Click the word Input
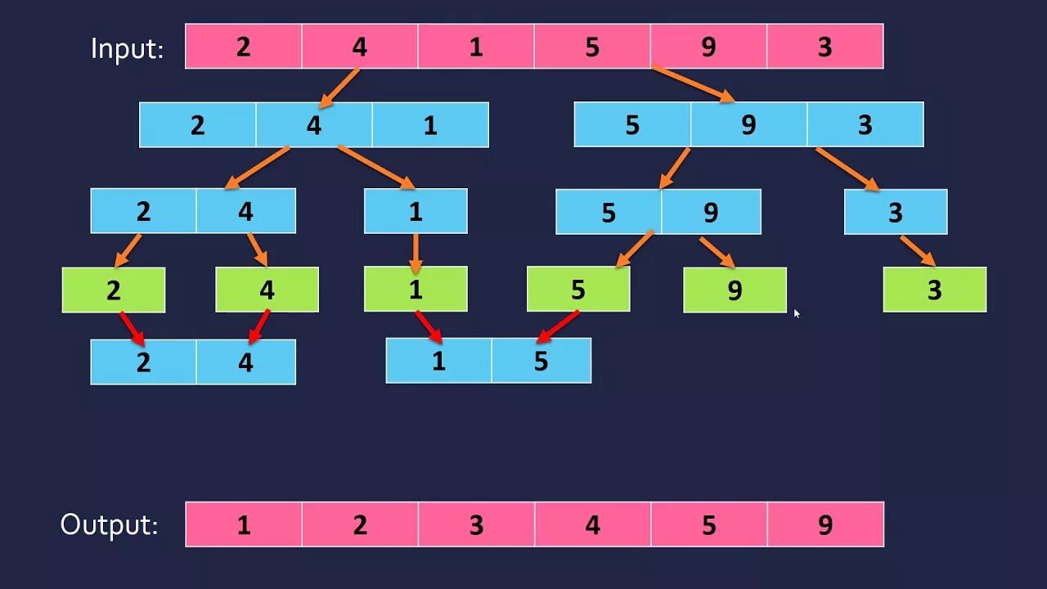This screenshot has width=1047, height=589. point(127,48)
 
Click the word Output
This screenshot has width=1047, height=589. point(110,524)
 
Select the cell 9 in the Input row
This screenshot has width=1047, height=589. point(708,47)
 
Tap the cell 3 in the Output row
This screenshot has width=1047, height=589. point(476,524)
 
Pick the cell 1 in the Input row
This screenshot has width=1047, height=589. point(476,47)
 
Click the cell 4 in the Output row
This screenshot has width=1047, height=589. point(592,524)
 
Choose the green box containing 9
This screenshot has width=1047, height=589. point(735,290)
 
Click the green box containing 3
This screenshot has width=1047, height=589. point(934,290)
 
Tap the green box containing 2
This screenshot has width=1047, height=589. point(114,290)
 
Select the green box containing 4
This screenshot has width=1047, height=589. point(267,290)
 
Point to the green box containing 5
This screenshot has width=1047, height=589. point(578,290)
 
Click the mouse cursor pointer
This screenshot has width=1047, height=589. point(797,312)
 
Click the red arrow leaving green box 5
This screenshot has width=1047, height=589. point(558,326)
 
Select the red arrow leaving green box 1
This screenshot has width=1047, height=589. point(429,326)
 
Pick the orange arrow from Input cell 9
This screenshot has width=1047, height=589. point(693,84)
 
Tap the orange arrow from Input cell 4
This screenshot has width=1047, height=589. point(339,88)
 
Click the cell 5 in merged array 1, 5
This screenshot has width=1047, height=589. point(541,361)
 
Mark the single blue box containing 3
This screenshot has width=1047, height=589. point(896,212)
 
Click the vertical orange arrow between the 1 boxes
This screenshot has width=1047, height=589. point(416,252)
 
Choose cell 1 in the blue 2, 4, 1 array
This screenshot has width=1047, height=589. point(430,125)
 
